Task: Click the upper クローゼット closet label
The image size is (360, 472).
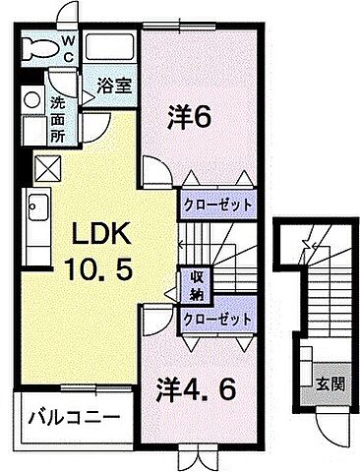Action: click(216, 206)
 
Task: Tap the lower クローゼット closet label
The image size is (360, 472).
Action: click(216, 320)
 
